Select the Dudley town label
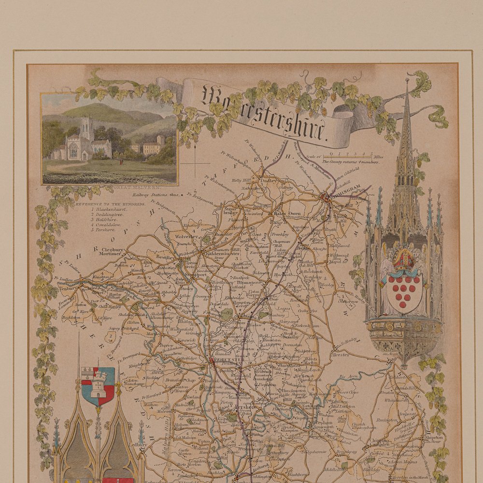[270, 181]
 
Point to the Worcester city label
[227, 359]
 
